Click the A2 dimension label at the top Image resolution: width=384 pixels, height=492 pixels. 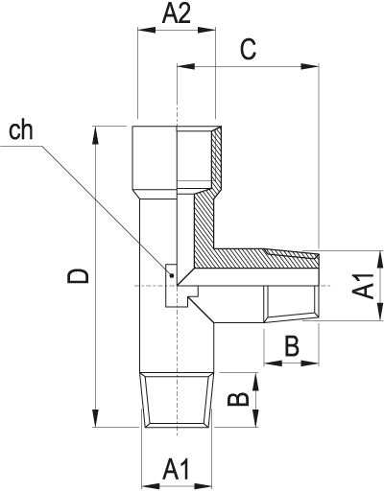[177, 12]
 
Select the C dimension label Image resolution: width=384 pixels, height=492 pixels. [248, 51]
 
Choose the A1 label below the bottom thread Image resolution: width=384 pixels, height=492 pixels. [176, 470]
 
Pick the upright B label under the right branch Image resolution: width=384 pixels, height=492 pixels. [292, 347]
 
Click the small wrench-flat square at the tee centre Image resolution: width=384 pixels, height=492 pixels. [170, 285]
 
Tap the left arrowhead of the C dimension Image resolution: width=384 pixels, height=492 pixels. [182, 66]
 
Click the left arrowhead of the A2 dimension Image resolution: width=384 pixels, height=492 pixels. [145, 28]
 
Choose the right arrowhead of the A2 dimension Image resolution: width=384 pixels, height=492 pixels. [212, 28]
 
